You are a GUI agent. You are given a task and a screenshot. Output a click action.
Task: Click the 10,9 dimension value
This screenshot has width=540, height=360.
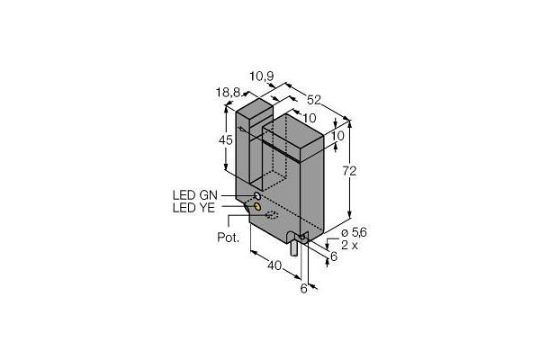point(261,76)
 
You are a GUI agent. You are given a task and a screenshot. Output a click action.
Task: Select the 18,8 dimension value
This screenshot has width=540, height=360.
point(228,93)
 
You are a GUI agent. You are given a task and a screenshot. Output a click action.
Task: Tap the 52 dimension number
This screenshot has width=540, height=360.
point(314,100)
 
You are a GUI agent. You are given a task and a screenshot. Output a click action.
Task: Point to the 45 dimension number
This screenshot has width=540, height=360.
point(226,139)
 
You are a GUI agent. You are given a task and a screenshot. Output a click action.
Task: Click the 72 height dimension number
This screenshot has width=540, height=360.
point(349,171)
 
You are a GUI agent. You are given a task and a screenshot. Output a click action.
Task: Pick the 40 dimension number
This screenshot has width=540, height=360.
point(274,265)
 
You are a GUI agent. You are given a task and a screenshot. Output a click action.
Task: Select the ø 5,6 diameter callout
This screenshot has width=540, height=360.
point(354,233)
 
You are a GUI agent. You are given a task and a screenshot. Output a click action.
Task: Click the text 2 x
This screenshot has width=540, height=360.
point(349,246)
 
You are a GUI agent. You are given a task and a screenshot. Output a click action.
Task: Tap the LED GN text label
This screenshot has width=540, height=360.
point(195,195)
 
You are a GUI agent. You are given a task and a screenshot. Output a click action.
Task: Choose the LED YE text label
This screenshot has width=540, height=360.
point(193,208)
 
